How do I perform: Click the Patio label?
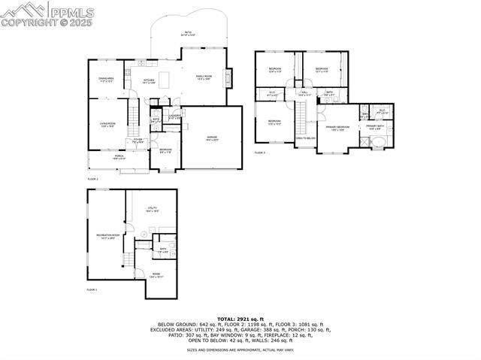click(x=187, y=33)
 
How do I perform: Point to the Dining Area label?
click(x=106, y=79)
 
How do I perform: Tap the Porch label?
click(x=119, y=158)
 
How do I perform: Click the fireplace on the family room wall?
click(x=229, y=78)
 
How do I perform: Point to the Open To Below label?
click(x=304, y=138)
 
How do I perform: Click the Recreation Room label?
click(x=106, y=237)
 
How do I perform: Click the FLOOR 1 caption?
click(x=92, y=289)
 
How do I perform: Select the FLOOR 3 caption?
click(x=259, y=153)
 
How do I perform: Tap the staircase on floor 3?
click(x=301, y=116)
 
